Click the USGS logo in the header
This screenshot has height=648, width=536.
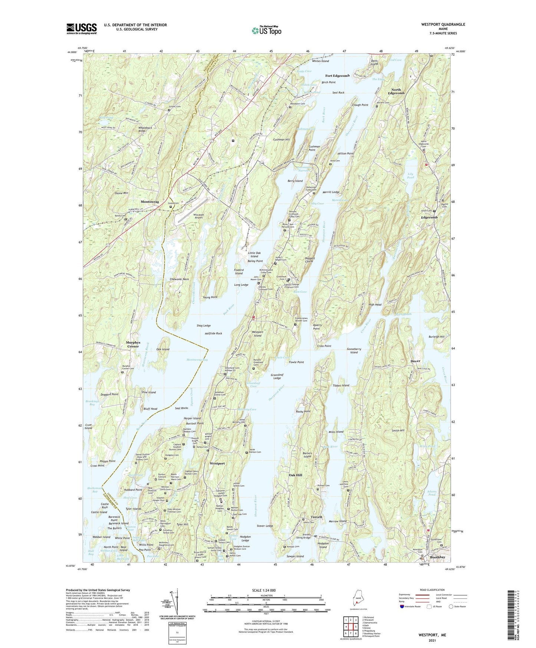tap(82, 29)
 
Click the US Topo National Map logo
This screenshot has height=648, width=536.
tap(266, 30)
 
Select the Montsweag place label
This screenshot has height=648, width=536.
tap(150, 202)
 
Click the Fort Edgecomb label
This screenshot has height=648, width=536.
tap(337, 76)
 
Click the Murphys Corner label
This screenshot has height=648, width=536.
tap(133, 344)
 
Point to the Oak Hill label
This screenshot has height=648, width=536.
tap(295, 475)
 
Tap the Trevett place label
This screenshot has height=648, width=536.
tap(316, 517)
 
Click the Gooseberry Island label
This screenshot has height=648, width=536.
tap(354, 351)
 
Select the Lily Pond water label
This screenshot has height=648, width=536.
tap(410, 176)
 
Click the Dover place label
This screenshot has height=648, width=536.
tap(415, 361)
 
